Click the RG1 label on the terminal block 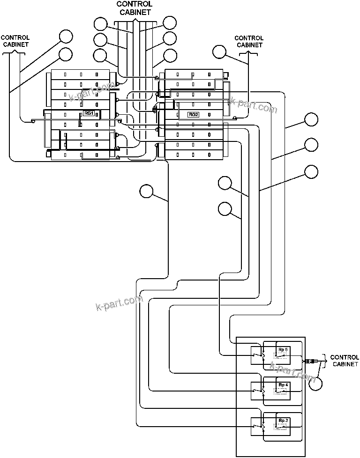point(89,113)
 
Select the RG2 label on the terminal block point(193,114)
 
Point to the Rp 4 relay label point(283,385)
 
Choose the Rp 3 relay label point(283,421)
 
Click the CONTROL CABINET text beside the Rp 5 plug point(345,361)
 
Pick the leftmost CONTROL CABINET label point(15,41)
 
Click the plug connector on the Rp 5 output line point(311,361)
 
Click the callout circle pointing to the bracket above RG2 point(219,52)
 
